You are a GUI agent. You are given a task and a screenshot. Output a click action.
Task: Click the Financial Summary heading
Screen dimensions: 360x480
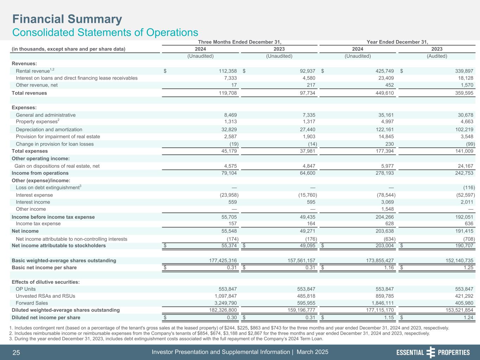pyautogui.click(x=67, y=19)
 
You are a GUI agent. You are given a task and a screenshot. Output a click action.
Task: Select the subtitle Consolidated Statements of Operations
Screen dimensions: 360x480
pyautogui.click(x=105, y=32)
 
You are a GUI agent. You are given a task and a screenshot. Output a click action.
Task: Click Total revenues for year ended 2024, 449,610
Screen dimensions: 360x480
pyautogui.click(x=382, y=93)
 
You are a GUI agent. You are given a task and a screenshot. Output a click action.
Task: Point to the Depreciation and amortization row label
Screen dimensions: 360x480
pyautogui.click(x=49, y=130)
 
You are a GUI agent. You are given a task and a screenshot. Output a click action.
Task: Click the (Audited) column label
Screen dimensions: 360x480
pyautogui.click(x=437, y=56)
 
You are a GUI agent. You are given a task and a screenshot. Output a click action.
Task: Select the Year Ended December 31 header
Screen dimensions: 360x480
pyautogui.click(x=397, y=42)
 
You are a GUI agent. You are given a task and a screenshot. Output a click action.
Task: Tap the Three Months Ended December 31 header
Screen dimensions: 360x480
pyautogui.click(x=240, y=42)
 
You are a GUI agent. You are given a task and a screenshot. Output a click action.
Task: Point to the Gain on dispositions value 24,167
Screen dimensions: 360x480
pyautogui.click(x=463, y=166)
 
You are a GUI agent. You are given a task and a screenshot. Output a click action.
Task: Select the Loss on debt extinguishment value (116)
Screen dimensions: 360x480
pyautogui.click(x=469, y=188)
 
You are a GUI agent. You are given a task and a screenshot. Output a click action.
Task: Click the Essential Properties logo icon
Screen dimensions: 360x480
pyautogui.click(x=430, y=352)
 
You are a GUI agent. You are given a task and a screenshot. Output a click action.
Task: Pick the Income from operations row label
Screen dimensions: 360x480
pyautogui.click(x=40, y=173)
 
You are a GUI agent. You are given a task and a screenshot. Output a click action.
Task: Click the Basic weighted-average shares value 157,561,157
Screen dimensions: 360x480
pyautogui.click(x=296, y=261)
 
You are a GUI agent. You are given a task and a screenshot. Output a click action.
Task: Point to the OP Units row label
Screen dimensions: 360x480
pyautogui.click(x=26, y=289)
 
